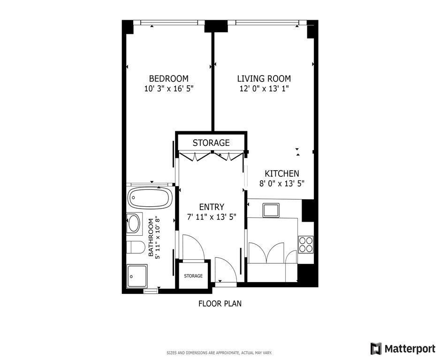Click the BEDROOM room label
[169, 78]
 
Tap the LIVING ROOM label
[264, 78]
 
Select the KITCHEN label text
[282, 173]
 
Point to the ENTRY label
[212, 207]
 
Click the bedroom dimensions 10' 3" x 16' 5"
[169, 89]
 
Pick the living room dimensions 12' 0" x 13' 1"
[264, 89]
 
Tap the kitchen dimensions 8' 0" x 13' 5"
[282, 184]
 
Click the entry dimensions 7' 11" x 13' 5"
[212, 217]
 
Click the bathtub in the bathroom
[150, 198]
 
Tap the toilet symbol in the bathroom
[136, 247]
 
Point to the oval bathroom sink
[133, 223]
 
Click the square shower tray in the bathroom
[137, 276]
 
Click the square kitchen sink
[271, 210]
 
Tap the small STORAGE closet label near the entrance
[193, 276]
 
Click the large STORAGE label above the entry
[211, 142]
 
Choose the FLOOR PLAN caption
[220, 303]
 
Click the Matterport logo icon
[376, 348]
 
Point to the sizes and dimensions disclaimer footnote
[219, 352]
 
